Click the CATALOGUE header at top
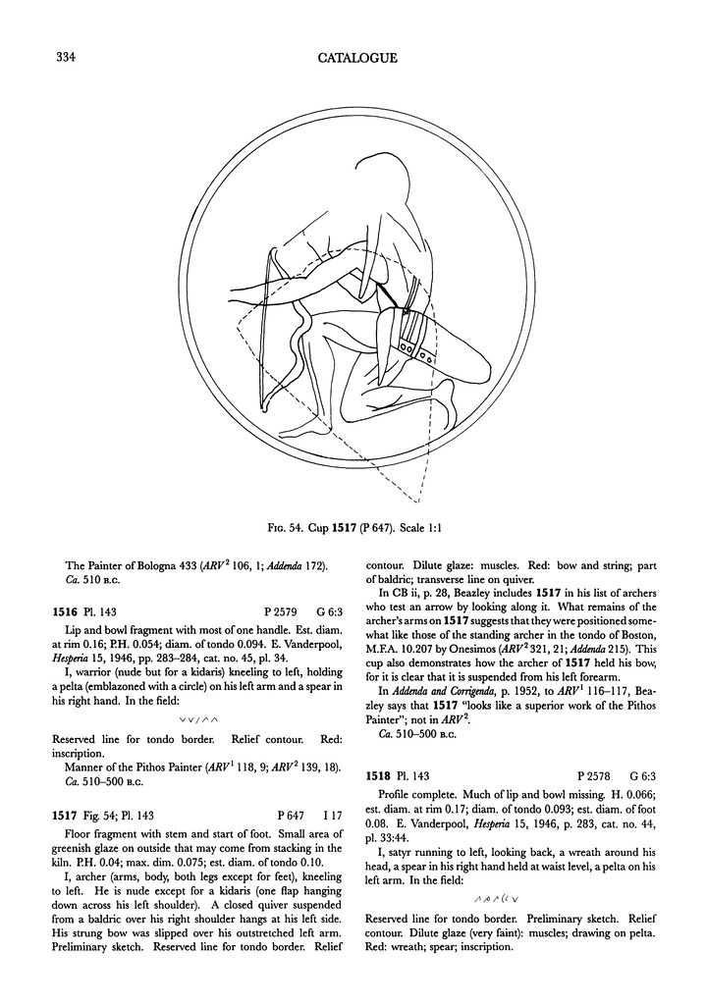point(357,58)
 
